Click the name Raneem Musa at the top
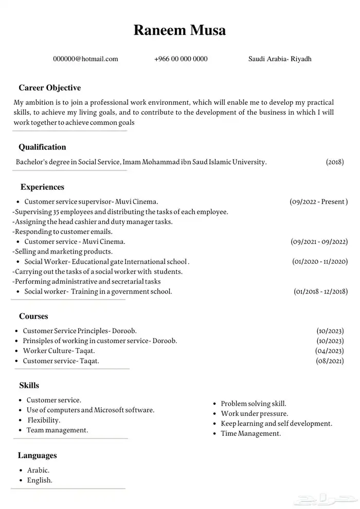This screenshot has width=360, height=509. [179, 30]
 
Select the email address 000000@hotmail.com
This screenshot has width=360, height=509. [85, 59]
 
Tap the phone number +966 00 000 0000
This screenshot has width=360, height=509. [181, 59]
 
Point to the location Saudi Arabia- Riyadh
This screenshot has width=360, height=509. [280, 59]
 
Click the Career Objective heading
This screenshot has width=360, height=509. [50, 88]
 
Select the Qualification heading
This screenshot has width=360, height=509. [42, 147]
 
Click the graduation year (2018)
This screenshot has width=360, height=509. [335, 162]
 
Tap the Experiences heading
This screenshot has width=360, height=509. [42, 187]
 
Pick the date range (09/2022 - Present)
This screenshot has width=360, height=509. [319, 202]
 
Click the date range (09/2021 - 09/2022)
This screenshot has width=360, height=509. [319, 241]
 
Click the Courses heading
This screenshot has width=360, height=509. [33, 316]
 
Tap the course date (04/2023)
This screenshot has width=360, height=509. [330, 351]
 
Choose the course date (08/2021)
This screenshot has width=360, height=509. [330, 361]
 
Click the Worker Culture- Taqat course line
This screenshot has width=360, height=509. [59, 351]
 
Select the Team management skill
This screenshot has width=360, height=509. [57, 430]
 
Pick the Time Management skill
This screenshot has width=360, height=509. [251, 433]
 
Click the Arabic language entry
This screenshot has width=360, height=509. [38, 470]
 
